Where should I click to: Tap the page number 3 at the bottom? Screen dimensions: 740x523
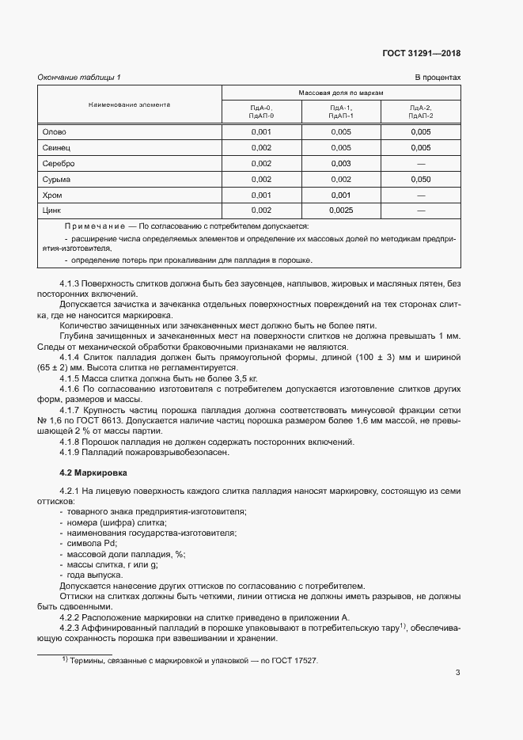[x=457, y=674]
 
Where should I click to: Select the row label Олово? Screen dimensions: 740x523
[x=54, y=132]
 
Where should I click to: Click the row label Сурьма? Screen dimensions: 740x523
[x=56, y=180]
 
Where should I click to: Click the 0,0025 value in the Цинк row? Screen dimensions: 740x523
[x=340, y=211]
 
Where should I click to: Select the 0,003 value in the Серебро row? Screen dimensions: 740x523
[x=340, y=164]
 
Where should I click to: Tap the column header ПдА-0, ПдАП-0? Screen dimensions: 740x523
[x=260, y=112]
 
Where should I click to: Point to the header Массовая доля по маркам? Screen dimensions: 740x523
[x=340, y=93]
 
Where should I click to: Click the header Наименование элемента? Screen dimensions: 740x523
[x=129, y=104]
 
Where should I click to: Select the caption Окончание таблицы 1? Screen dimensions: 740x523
[x=79, y=77]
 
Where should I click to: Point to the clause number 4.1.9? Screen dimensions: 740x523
[x=71, y=453]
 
